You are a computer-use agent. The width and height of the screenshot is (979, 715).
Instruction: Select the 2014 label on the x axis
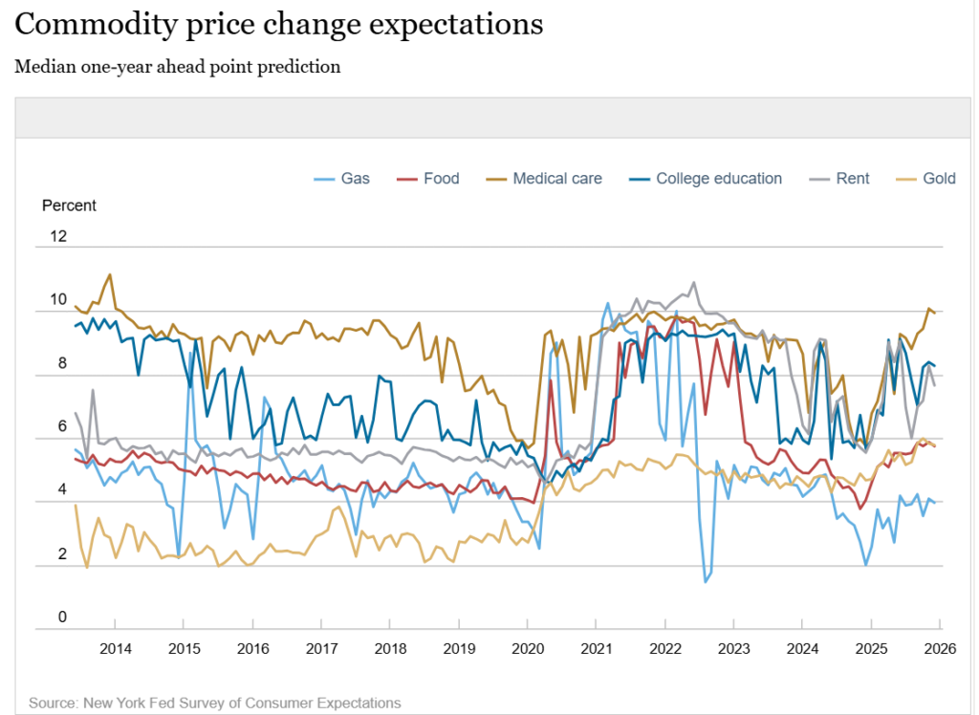(115, 649)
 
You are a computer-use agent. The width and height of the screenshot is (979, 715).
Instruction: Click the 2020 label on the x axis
(527, 649)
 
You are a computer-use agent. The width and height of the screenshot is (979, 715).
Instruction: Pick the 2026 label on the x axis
(940, 649)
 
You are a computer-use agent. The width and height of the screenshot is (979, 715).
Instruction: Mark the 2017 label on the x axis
(321, 649)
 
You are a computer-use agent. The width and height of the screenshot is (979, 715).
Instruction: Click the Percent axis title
(69, 206)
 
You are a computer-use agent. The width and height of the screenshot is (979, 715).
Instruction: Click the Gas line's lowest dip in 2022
(706, 581)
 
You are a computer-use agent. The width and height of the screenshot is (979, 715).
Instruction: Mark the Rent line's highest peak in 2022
(693, 283)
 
